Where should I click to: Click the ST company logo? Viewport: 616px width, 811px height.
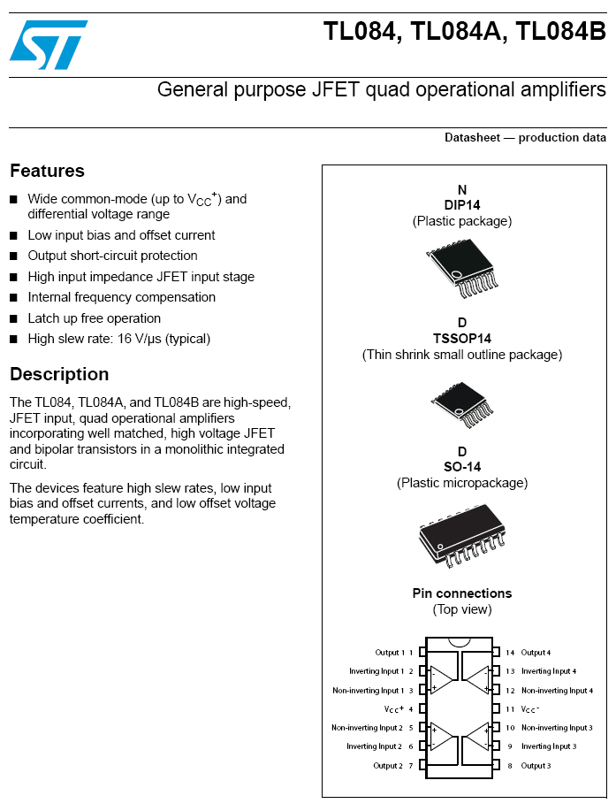coord(49,44)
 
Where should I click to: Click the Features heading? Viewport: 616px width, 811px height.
coord(47,171)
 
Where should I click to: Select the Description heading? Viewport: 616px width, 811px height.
coord(59,374)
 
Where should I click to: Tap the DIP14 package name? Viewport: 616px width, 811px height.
coord(462,205)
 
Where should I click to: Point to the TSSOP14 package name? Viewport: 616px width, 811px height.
coord(462,339)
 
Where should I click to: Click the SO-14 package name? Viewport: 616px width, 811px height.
coord(462,467)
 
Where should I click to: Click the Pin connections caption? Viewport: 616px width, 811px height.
coord(462,593)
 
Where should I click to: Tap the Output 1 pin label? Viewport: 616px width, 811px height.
coord(389,653)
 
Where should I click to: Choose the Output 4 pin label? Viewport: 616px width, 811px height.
coord(536,653)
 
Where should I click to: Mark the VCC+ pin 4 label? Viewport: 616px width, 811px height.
coord(394,709)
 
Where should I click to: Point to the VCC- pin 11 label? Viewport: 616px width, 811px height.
coord(529,709)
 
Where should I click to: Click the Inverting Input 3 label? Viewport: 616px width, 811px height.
coord(548,746)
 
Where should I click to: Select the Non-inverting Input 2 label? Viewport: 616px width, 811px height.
coord(367,728)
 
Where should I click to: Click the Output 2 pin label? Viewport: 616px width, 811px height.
coord(387,766)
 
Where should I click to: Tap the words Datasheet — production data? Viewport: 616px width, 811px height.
coord(525,138)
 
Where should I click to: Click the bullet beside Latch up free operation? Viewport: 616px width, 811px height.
coord(14,319)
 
